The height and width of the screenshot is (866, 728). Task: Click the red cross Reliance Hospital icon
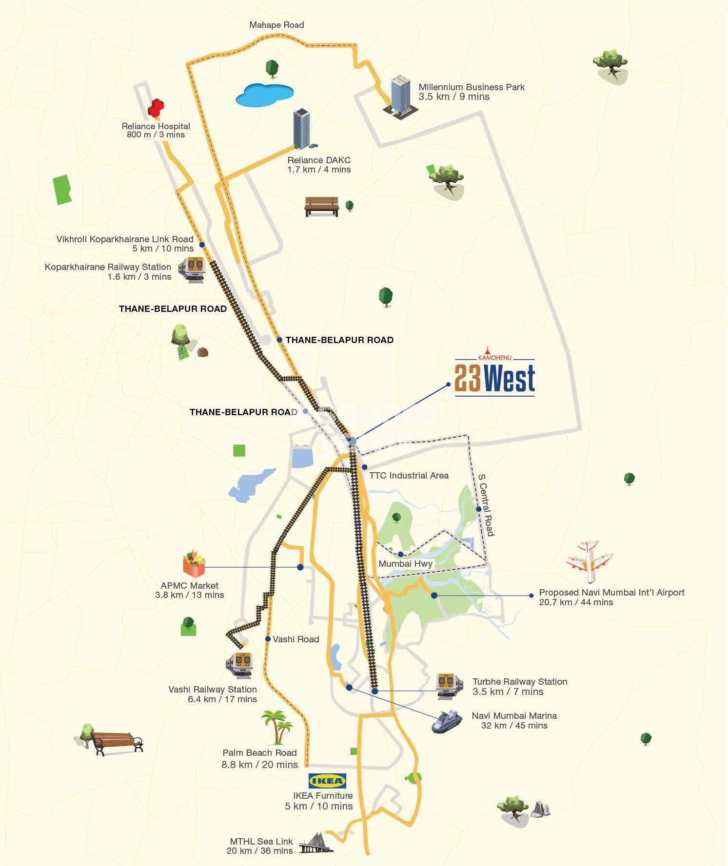(x=156, y=108)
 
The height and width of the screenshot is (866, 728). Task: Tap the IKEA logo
(x=327, y=781)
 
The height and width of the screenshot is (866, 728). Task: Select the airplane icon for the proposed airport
(x=590, y=561)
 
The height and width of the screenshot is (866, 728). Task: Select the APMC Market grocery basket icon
(x=194, y=564)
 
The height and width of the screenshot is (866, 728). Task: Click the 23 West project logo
(x=494, y=376)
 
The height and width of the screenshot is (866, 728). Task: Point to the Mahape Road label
(x=276, y=25)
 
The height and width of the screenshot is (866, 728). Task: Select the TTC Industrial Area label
(x=409, y=476)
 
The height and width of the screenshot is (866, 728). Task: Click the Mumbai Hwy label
(x=406, y=564)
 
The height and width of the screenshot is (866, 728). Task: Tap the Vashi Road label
(x=295, y=639)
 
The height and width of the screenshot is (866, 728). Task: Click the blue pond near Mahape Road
(x=265, y=95)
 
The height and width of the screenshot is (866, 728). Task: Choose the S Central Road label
(x=486, y=505)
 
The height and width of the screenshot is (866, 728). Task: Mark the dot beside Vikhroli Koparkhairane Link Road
(x=201, y=245)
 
